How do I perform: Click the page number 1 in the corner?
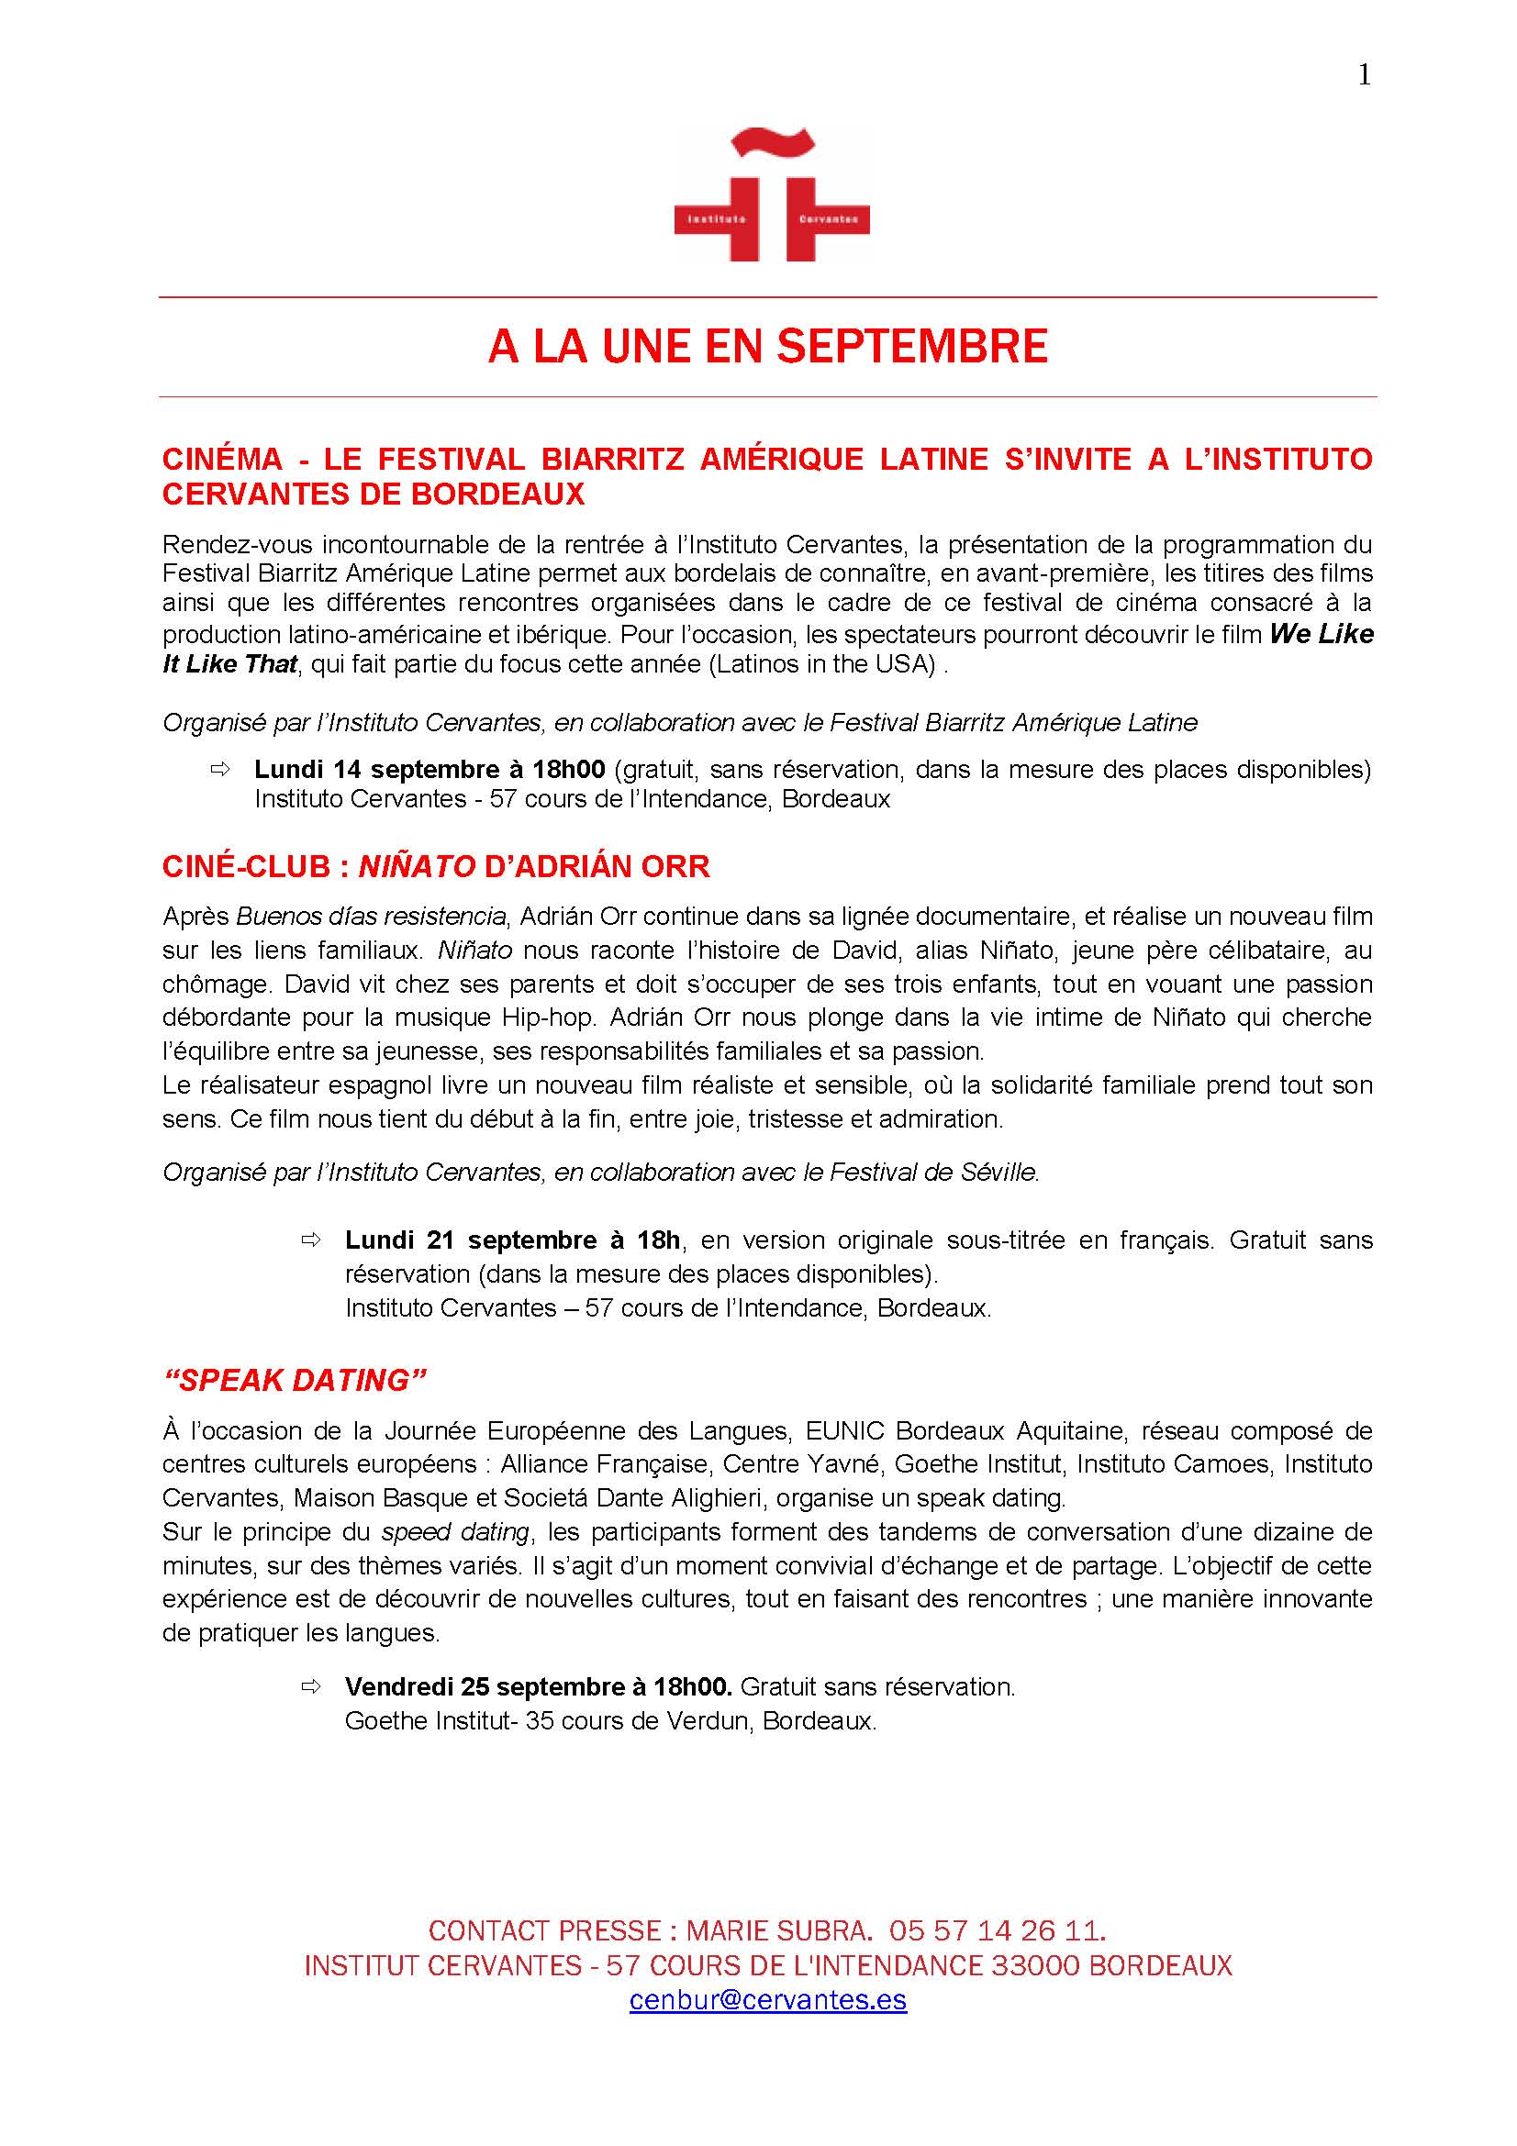1364,74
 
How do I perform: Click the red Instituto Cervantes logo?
772,195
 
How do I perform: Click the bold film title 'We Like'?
1321,634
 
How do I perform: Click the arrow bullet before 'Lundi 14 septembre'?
219,769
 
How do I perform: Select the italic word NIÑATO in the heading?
418,866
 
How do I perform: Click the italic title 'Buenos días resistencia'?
371,916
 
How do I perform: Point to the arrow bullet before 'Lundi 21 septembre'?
310,1240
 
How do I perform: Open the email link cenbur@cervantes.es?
768,1999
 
